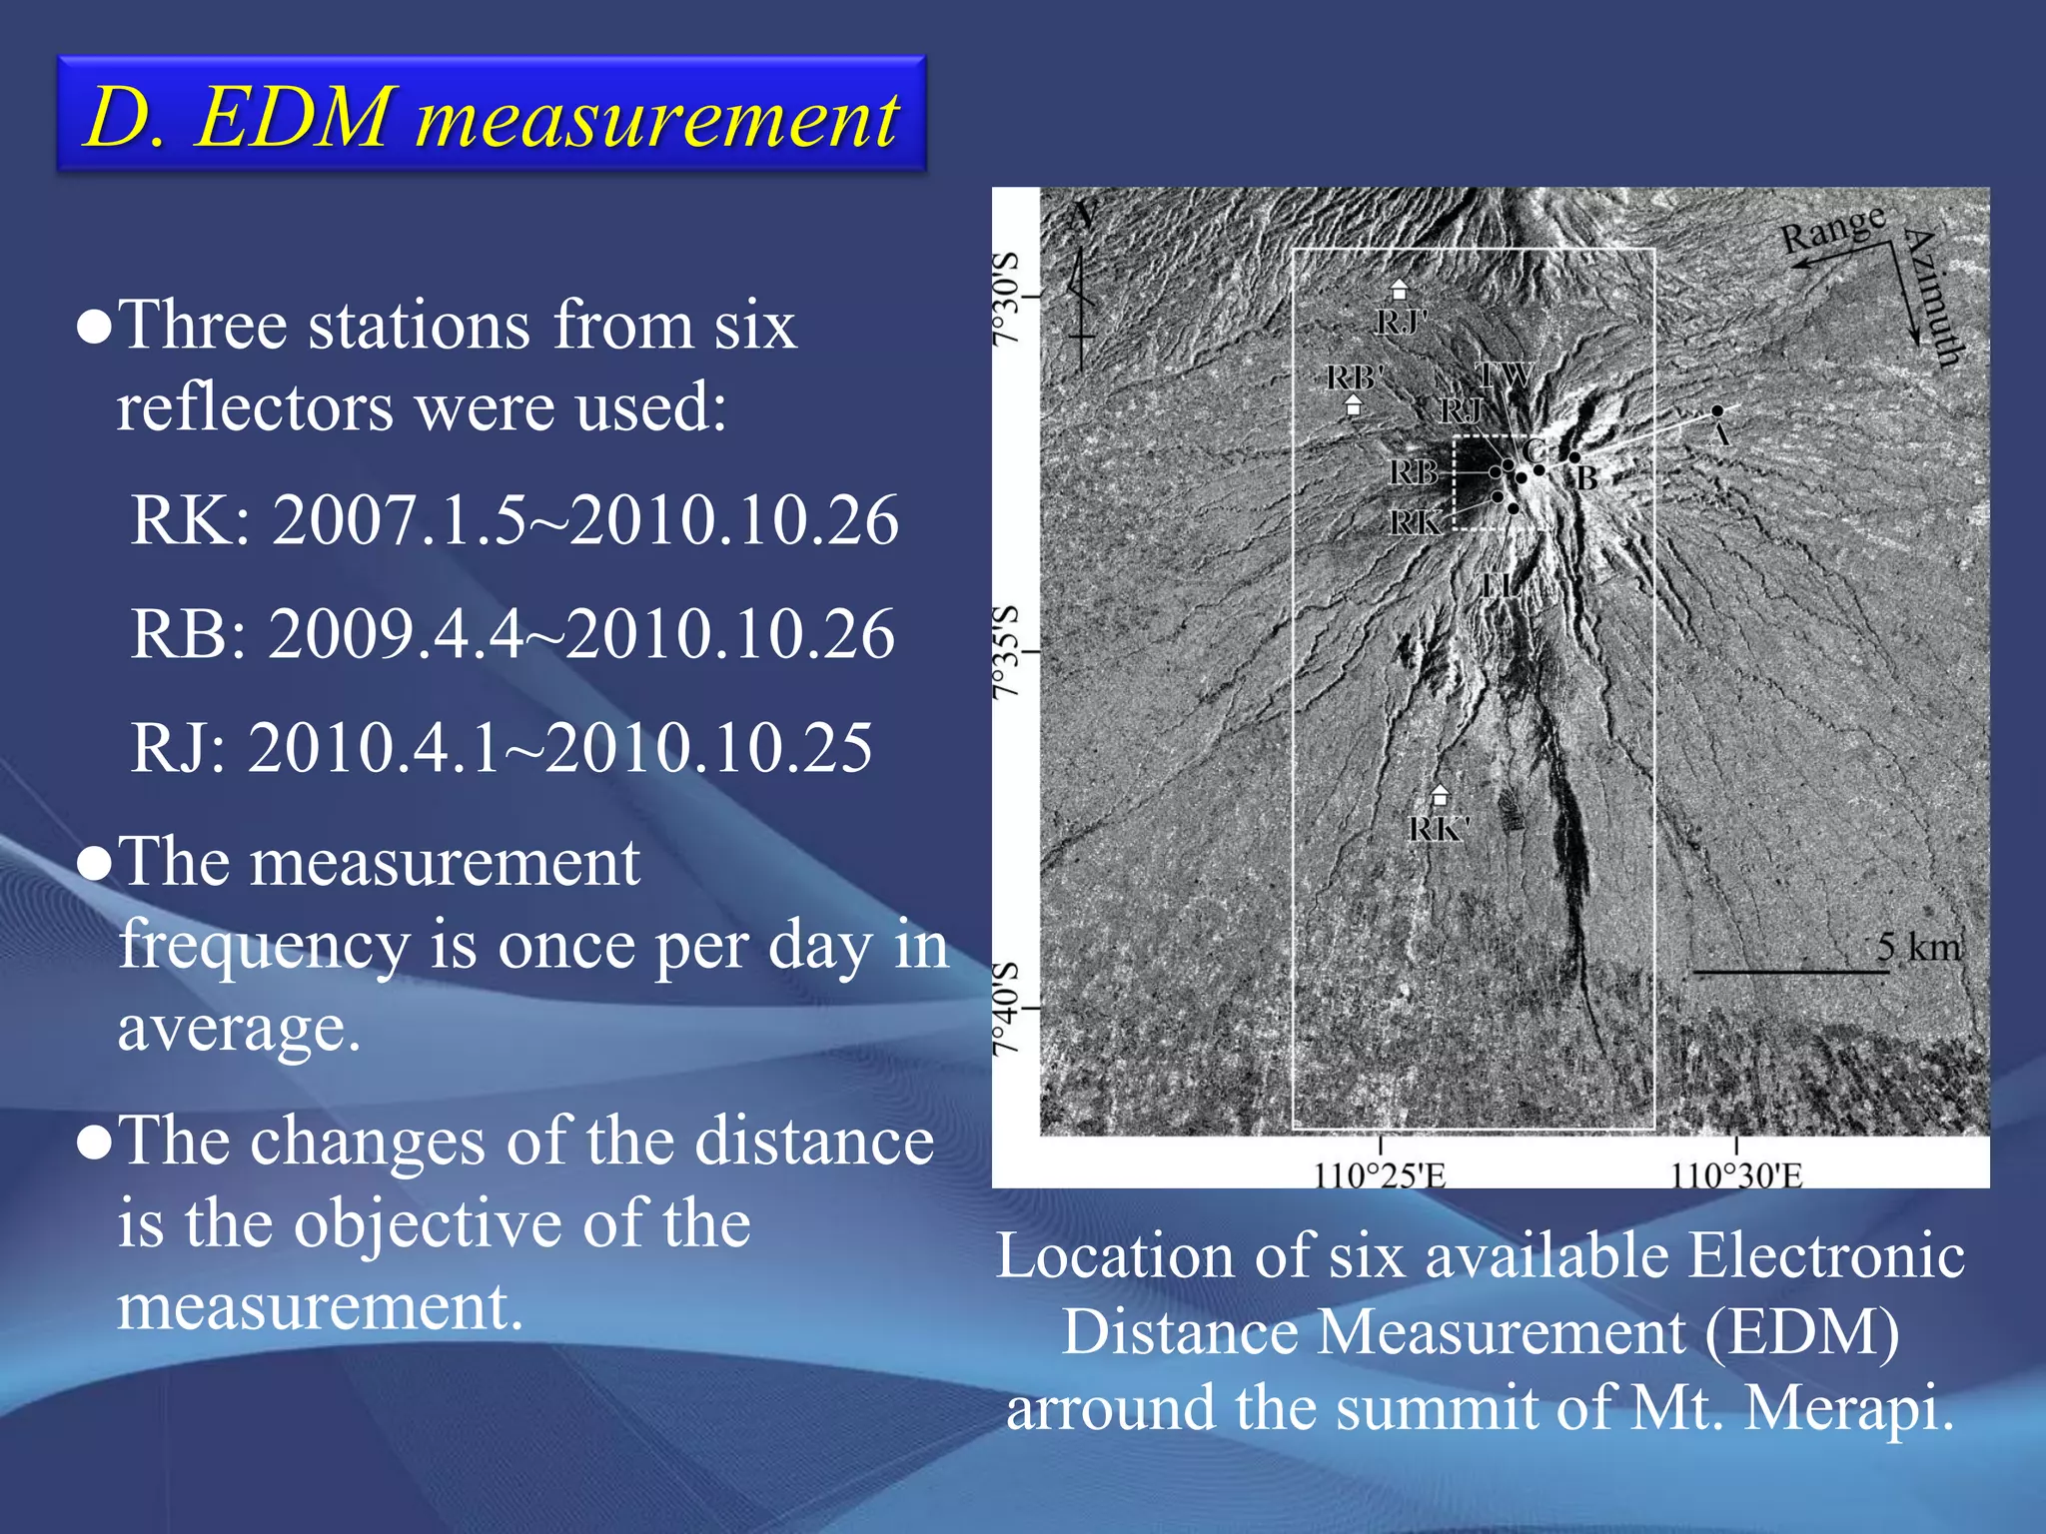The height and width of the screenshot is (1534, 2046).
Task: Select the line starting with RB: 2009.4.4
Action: coord(512,634)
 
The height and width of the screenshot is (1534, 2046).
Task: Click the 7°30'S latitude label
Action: coord(1006,298)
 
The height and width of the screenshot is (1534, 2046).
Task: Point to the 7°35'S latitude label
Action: coord(1006,651)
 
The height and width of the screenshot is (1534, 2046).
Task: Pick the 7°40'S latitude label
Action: coord(1006,1007)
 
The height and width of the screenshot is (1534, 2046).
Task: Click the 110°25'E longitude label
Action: coord(1380,1174)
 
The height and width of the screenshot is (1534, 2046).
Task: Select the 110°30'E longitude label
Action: coord(1736,1174)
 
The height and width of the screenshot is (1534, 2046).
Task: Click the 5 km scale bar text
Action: coord(1918,947)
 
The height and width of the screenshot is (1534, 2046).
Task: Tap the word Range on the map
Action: coord(1833,228)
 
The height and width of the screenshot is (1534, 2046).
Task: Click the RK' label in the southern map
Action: coord(1439,829)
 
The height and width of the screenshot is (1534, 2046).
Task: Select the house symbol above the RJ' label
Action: coord(1400,291)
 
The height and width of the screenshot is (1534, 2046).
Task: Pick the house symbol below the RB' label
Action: coord(1354,405)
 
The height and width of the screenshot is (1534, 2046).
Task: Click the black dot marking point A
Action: coord(1717,410)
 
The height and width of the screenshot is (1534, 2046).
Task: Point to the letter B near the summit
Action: coord(1587,478)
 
